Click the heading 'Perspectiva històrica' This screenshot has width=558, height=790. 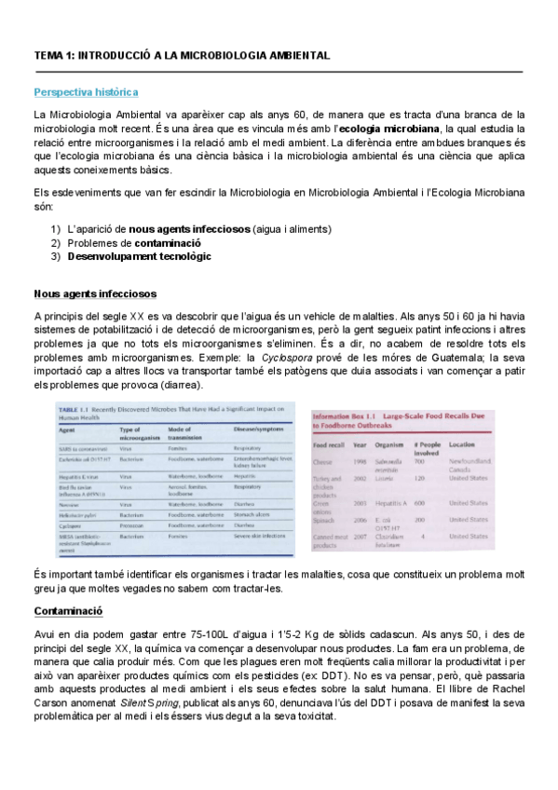pyautogui.click(x=86, y=92)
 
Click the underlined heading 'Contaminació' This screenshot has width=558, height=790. pyautogui.click(x=68, y=611)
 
